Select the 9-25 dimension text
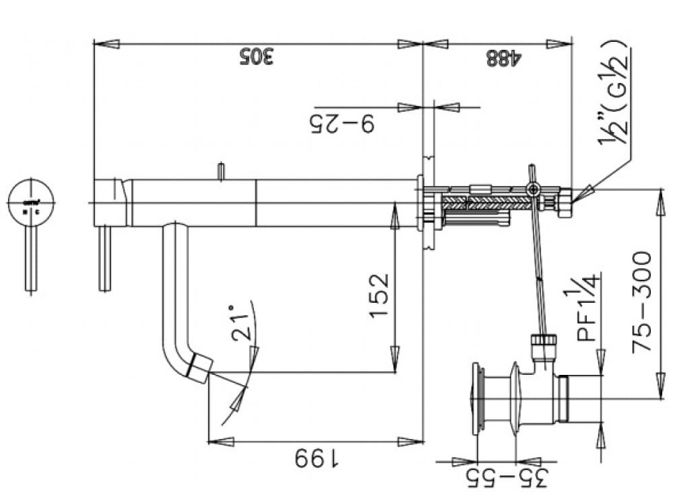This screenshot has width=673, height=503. coord(342,124)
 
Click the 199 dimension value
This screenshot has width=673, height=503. coord(317,460)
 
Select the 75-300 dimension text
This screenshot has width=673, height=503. coord(642,301)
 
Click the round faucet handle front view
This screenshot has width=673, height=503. coord(32,203)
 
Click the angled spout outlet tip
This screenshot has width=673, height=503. coord(201,369)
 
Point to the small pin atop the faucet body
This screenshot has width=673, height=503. coord(220,171)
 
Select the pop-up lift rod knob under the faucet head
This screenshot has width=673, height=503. coord(104,260)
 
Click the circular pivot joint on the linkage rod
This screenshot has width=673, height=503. coord(534,191)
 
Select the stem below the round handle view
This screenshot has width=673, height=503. coord(31,259)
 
